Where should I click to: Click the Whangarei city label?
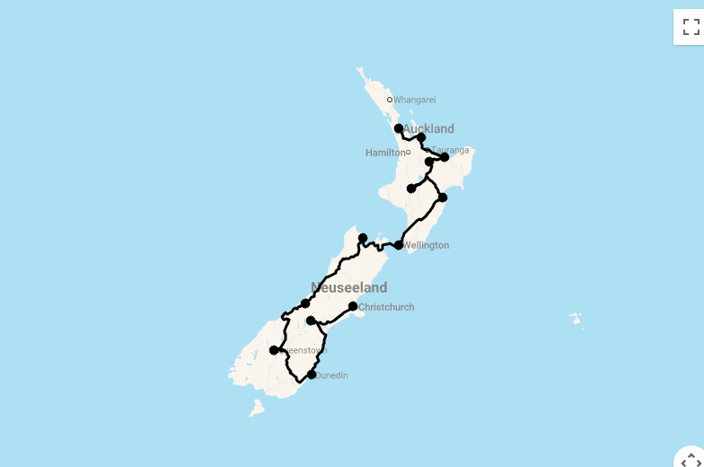pyautogui.click(x=414, y=100)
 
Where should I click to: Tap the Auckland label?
pyautogui.click(x=432, y=129)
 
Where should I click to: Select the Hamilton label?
pyautogui.click(x=384, y=153)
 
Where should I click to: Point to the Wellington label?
pyautogui.click(x=427, y=245)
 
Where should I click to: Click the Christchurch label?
pyautogui.click(x=386, y=307)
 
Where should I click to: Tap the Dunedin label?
pyautogui.click(x=331, y=375)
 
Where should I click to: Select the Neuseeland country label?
pyautogui.click(x=349, y=287)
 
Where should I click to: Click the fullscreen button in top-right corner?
pyautogui.click(x=691, y=27)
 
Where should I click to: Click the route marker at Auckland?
pyautogui.click(x=399, y=128)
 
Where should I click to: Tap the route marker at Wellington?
pyautogui.click(x=399, y=245)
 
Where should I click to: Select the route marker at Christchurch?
pyautogui.click(x=353, y=306)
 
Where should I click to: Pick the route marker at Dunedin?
pyautogui.click(x=312, y=374)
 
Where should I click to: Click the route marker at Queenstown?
pyautogui.click(x=274, y=350)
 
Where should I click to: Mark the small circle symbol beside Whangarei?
pyautogui.click(x=390, y=100)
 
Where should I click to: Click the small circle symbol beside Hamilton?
pyautogui.click(x=409, y=153)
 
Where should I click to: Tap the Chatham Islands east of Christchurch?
pyautogui.click(x=575, y=318)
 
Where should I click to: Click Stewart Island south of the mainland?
pyautogui.click(x=257, y=408)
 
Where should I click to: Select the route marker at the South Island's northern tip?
pyautogui.click(x=363, y=238)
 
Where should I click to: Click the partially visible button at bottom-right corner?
pyautogui.click(x=691, y=458)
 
